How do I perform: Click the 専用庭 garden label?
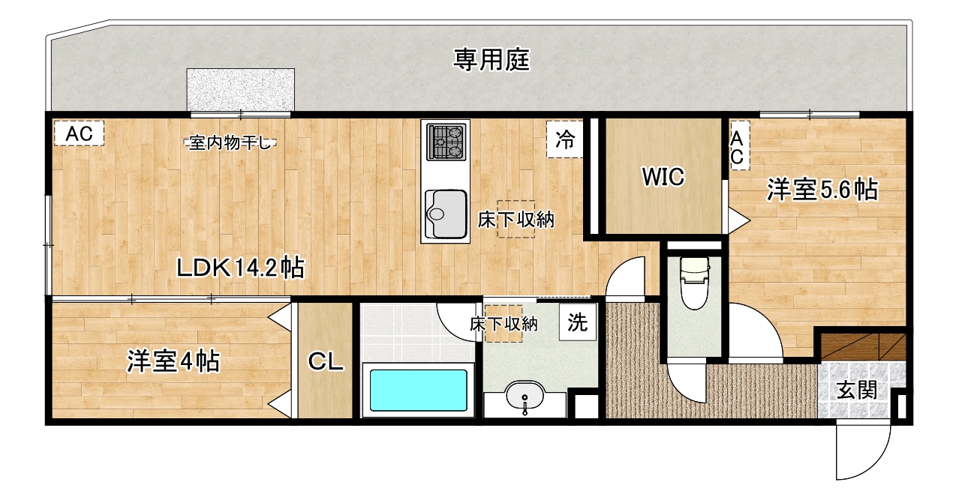pos(491,60)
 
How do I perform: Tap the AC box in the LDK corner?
pos(79,133)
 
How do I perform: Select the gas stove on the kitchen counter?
pos(446,142)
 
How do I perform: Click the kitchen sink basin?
pos(446,214)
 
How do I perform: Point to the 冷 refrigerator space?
pos(565,139)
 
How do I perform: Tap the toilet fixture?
pos(694,283)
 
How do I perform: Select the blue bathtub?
pos(418,390)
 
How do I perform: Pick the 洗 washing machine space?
pos(578,322)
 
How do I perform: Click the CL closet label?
pos(326,361)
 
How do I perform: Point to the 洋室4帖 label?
pos(173,361)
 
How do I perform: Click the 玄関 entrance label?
pos(857,390)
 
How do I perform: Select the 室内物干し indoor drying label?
pos(230,143)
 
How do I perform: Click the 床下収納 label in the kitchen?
pos(516,220)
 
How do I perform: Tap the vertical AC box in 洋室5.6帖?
pos(739,146)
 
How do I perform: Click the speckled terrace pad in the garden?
pos(241,90)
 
